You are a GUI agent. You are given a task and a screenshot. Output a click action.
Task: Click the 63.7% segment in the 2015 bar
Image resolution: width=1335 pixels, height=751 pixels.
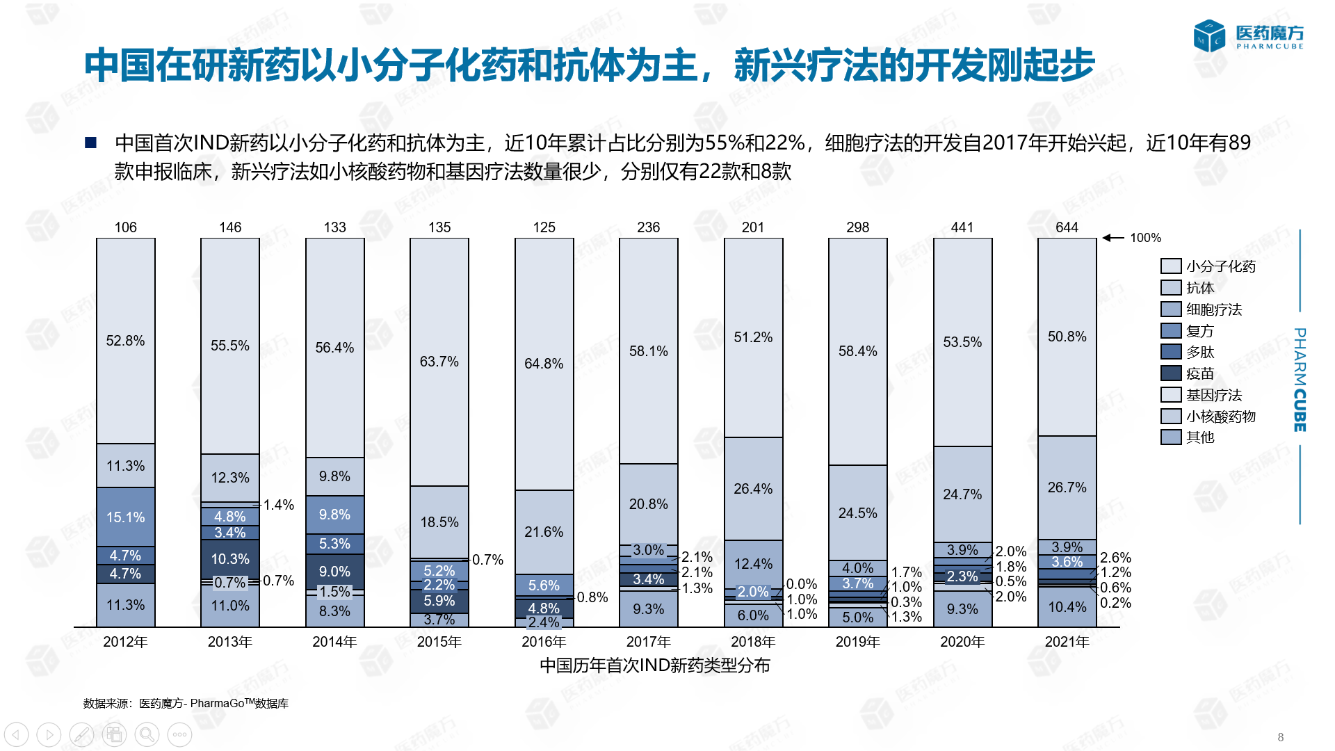439,362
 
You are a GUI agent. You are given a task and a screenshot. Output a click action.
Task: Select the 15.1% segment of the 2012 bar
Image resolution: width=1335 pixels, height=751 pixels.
125,517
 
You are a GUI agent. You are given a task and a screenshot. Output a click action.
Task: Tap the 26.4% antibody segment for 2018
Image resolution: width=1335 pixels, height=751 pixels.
753,489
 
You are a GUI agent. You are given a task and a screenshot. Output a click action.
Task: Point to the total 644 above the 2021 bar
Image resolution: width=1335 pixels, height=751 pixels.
1067,227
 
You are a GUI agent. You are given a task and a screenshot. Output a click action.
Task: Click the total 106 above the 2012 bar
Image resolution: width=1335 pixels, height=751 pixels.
125,227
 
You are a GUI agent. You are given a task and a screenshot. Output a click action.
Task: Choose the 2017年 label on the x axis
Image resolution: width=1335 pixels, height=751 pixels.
648,642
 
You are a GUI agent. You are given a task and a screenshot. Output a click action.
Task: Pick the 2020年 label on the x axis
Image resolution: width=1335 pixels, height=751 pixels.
962,642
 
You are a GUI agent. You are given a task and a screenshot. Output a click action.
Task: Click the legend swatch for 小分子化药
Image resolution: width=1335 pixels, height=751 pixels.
1171,266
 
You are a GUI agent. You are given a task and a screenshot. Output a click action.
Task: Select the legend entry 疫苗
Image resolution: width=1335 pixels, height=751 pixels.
1199,373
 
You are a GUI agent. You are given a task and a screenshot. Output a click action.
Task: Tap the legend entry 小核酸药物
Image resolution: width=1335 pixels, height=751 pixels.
1220,417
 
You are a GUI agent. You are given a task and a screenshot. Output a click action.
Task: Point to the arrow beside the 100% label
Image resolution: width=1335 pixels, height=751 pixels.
1113,238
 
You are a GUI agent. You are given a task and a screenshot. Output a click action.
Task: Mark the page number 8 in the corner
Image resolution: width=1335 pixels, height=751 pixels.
1281,737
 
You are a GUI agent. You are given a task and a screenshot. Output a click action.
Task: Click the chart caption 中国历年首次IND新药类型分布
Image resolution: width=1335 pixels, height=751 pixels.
654,665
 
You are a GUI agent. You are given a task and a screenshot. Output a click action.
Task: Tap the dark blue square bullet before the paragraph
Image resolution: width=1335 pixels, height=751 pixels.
90,143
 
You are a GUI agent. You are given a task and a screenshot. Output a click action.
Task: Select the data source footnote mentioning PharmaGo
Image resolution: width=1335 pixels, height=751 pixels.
186,704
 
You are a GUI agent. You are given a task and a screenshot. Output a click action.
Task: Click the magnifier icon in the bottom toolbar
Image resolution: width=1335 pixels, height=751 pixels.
147,734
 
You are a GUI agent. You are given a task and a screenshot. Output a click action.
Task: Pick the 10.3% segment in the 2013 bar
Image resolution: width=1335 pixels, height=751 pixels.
230,558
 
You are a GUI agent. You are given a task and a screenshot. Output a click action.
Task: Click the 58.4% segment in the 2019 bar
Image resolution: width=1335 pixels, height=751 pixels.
857,351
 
